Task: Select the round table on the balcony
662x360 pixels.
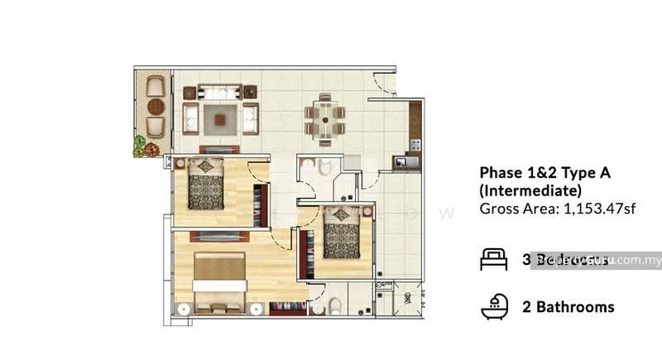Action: [x=155, y=105]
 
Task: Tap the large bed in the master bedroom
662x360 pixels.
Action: [x=218, y=277]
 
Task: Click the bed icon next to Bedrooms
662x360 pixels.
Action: [x=494, y=260]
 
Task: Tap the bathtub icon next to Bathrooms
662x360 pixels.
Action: [x=494, y=307]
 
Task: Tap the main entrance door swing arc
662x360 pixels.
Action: [x=382, y=83]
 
